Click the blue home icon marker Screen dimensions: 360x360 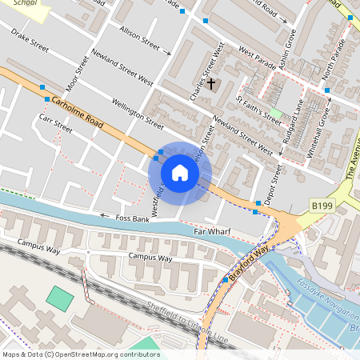click(x=180, y=173)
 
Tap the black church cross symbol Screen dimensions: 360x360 click(x=212, y=83)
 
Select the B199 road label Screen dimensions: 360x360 click(x=322, y=206)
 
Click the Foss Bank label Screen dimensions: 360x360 click(x=132, y=218)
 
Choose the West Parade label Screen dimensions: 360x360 click(x=257, y=59)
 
